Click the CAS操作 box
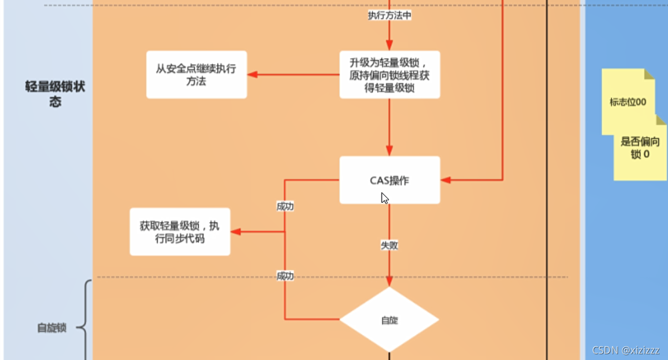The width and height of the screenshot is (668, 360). pyautogui.click(x=390, y=180)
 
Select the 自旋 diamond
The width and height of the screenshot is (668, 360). pyautogui.click(x=389, y=319)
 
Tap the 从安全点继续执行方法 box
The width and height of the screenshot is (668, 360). pyautogui.click(x=196, y=74)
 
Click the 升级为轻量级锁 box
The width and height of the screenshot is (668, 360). pyautogui.click(x=390, y=74)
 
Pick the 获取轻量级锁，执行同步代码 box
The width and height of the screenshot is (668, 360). pyautogui.click(x=180, y=232)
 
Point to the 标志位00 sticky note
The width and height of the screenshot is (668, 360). pyautogui.click(x=627, y=102)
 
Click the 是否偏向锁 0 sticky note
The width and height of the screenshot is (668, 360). pyautogui.click(x=640, y=148)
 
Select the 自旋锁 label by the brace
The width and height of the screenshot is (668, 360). pyautogui.click(x=52, y=329)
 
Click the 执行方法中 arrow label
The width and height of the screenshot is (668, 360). pyautogui.click(x=390, y=16)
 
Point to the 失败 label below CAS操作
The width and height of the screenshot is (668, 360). pyautogui.click(x=390, y=245)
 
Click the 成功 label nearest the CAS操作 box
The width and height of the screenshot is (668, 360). pyautogui.click(x=285, y=206)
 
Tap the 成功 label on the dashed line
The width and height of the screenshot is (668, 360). pyautogui.click(x=285, y=276)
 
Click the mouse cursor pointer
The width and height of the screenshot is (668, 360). pyautogui.click(x=384, y=198)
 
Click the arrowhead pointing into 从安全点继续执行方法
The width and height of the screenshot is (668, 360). pyautogui.click(x=252, y=74)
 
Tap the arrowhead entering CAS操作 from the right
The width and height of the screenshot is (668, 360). pyautogui.click(x=446, y=180)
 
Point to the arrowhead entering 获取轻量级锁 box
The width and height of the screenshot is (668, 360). pyautogui.click(x=235, y=232)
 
